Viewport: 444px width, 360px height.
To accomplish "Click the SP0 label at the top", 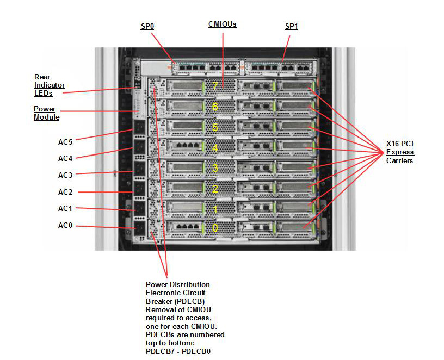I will (146, 27).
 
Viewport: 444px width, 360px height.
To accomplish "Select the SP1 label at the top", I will (292, 27).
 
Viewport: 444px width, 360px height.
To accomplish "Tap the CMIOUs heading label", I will (222, 24).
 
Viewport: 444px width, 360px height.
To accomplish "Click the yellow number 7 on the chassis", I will (215, 86).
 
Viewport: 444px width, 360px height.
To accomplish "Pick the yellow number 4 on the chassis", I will (215, 148).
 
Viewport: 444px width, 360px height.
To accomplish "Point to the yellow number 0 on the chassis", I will (215, 228).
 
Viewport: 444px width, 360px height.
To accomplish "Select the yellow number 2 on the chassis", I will (215, 189).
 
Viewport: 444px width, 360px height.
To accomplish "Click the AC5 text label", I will (65, 142).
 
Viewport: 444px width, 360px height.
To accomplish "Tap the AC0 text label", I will (65, 225).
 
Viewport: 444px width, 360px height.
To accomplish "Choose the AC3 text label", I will (65, 175).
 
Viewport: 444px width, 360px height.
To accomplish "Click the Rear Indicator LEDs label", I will (50, 85).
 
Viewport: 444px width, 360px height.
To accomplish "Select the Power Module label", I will (46, 113).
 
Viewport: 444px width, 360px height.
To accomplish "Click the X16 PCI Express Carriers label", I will (400, 152).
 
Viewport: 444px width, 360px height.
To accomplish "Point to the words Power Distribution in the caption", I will (177, 285).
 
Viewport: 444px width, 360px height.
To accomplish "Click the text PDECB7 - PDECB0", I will (178, 351).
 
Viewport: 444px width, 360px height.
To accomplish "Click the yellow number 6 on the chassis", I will (215, 107).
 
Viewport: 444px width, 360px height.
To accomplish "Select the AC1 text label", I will (65, 209).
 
